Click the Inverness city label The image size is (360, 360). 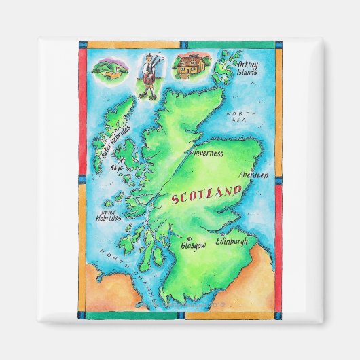click(209, 154)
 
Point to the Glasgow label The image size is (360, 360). click(194, 245)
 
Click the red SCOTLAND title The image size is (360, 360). click(206, 195)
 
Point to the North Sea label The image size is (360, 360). click(240, 116)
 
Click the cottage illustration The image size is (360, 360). click(190, 66)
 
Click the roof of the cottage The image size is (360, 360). click(190, 60)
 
